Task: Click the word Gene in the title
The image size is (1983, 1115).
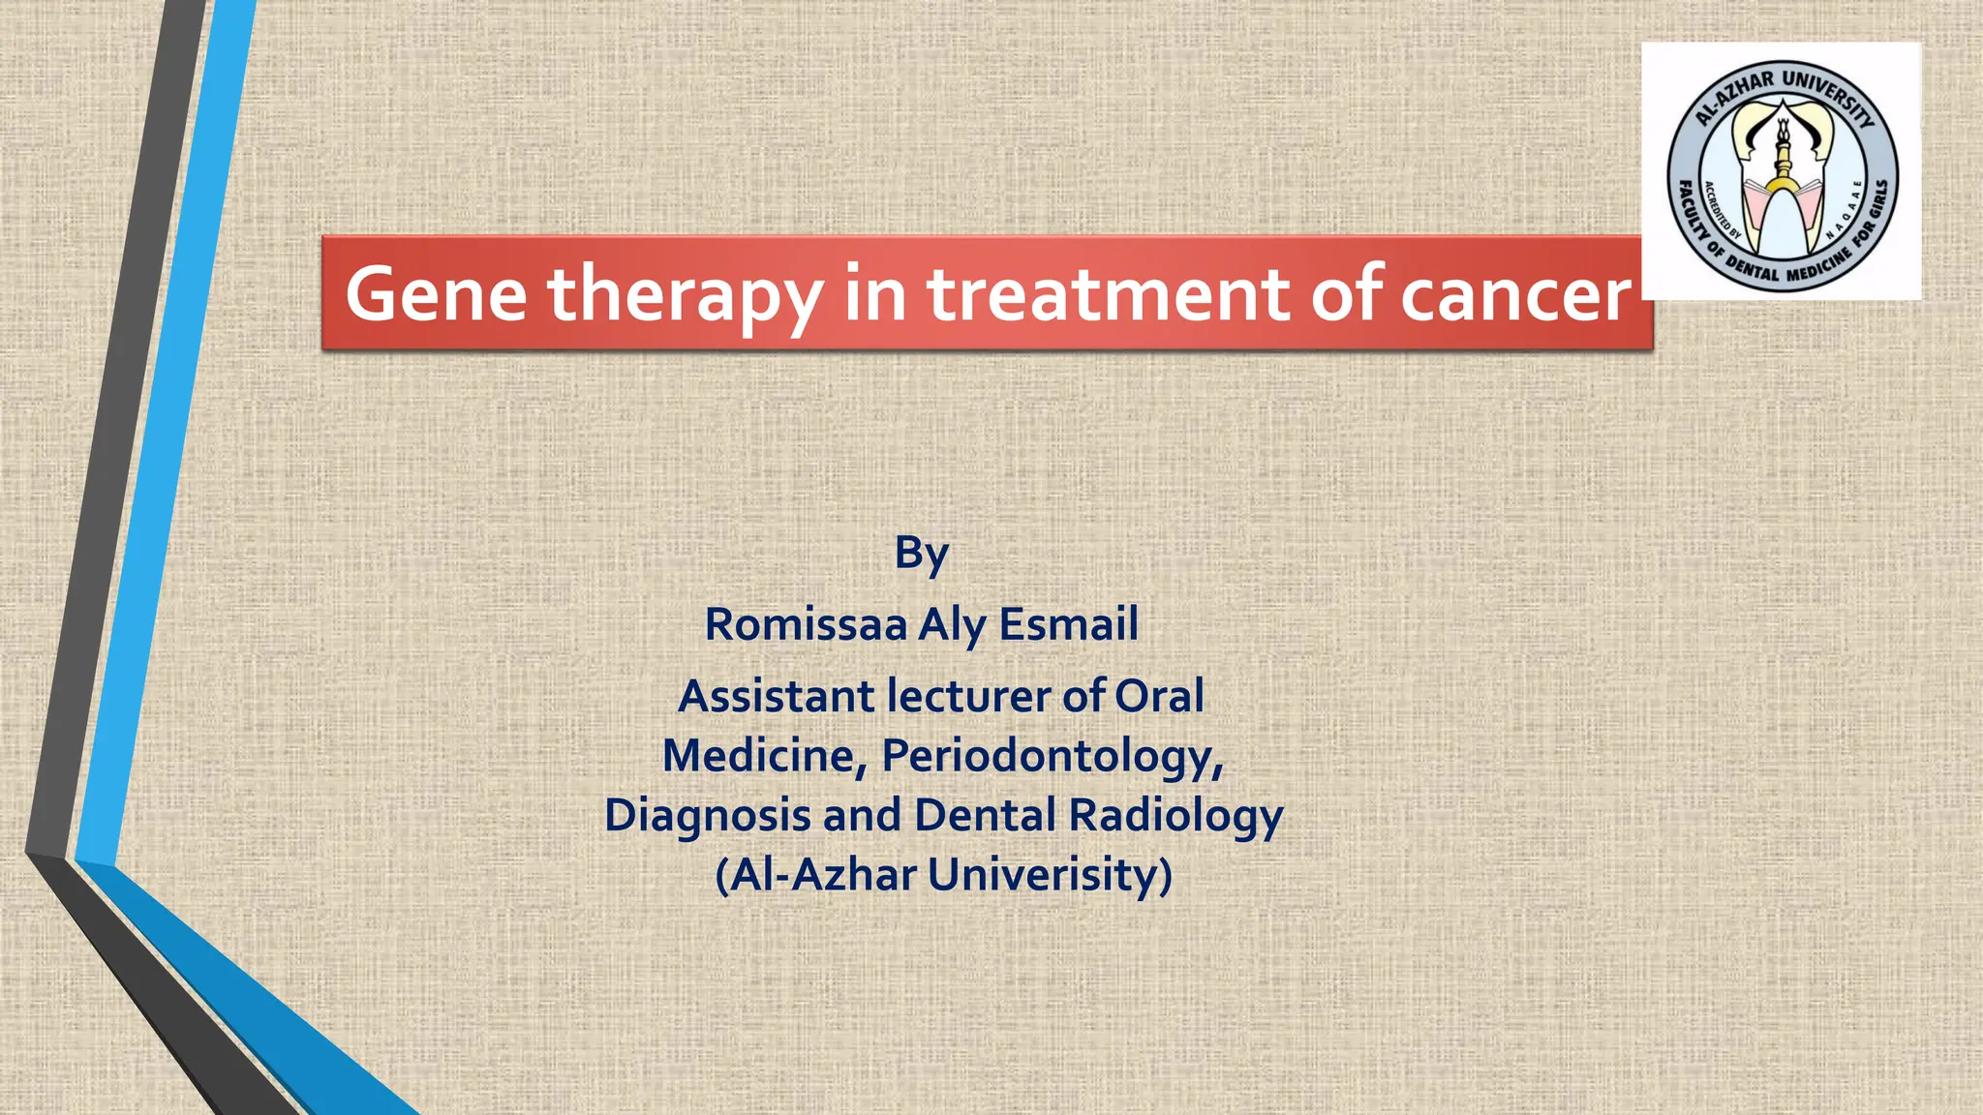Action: point(436,294)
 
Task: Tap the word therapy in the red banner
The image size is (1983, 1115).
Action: point(686,294)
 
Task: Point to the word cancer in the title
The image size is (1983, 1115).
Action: point(1516,294)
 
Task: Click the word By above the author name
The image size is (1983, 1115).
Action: point(921,554)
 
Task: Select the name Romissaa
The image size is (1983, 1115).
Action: point(806,624)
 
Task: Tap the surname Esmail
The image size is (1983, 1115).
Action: point(1068,624)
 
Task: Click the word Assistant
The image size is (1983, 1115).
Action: point(776,696)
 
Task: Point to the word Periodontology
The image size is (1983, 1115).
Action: point(1053,756)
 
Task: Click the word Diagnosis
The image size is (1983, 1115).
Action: point(707,815)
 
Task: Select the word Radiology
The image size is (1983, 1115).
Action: point(1175,815)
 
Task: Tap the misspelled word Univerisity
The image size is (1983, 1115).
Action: point(1050,875)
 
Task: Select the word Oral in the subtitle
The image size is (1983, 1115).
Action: point(1159,696)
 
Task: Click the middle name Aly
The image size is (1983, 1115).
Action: point(953,624)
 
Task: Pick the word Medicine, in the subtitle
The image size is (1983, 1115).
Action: point(764,756)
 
